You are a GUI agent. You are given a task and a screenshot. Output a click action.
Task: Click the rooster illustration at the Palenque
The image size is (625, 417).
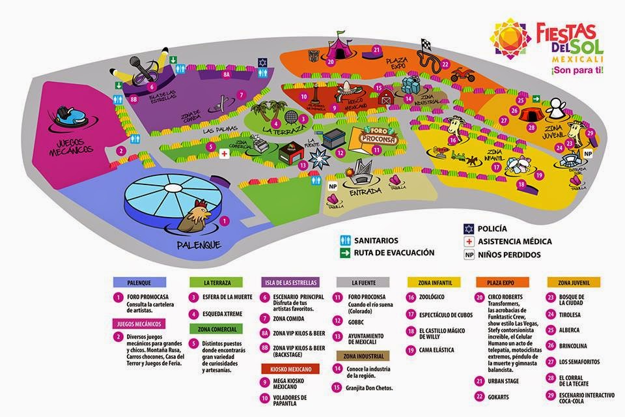pyautogui.click(x=193, y=216)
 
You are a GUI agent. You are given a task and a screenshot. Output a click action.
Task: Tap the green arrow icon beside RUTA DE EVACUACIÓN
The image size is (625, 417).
pyautogui.click(x=345, y=252)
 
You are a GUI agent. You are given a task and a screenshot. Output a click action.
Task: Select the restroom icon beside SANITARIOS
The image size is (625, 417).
pyautogui.click(x=345, y=240)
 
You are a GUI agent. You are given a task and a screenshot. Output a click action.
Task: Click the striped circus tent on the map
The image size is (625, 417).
pyautogui.click(x=341, y=47)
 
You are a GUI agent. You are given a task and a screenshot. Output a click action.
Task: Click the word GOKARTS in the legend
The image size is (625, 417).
pyautogui.click(x=508, y=396)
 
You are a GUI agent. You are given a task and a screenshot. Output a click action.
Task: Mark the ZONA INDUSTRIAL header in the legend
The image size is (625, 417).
pyautogui.click(x=363, y=356)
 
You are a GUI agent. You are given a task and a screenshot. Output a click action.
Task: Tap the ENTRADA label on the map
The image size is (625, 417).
pyautogui.click(x=366, y=192)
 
